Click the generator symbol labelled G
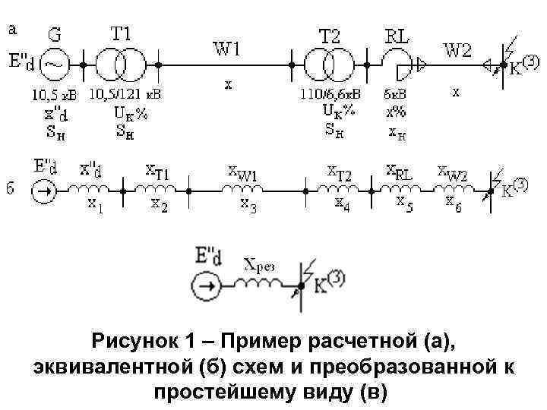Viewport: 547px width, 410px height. pyautogui.click(x=53, y=65)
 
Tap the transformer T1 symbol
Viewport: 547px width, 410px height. pyautogui.click(x=122, y=65)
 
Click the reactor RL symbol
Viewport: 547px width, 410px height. pyautogui.click(x=397, y=64)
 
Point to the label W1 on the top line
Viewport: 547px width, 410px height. pyautogui.click(x=227, y=50)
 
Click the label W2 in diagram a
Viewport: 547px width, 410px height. pyautogui.click(x=457, y=50)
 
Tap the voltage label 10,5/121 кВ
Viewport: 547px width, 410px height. pyautogui.click(x=125, y=95)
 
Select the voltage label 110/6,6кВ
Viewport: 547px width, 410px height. pyautogui.click(x=331, y=95)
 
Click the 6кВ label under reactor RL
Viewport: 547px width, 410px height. pyautogui.click(x=395, y=95)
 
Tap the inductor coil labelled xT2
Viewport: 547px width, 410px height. pyautogui.click(x=340, y=189)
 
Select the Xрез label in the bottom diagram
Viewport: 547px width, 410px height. pyautogui.click(x=259, y=266)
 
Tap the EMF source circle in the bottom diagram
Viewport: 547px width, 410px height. pyautogui.click(x=205, y=286)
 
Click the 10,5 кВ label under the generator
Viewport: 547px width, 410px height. pyautogui.click(x=52, y=95)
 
